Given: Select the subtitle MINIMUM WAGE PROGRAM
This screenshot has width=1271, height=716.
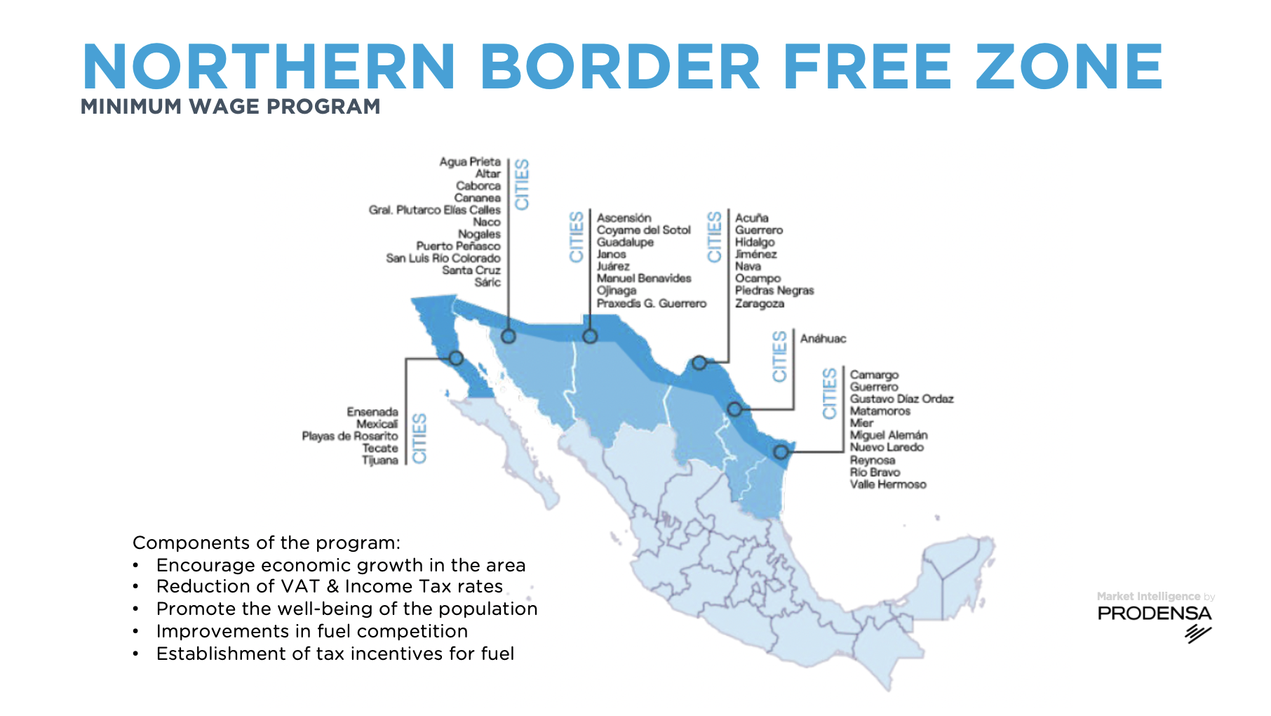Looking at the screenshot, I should tap(231, 107).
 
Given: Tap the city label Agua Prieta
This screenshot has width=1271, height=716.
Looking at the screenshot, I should tap(470, 161).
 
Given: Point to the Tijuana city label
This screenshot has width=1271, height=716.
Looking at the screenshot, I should tap(380, 460).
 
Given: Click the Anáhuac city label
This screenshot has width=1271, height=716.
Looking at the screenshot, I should tap(823, 338).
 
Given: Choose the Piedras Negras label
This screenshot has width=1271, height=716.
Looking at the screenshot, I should tap(774, 291).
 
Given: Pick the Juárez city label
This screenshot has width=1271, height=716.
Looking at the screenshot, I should tap(613, 266).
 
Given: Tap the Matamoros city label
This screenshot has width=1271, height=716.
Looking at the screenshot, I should tap(880, 411).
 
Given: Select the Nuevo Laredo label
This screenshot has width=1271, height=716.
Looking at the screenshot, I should tap(887, 447).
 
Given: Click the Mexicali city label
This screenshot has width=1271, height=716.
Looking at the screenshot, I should tap(377, 424).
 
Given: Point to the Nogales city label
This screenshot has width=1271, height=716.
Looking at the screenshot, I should tap(479, 234).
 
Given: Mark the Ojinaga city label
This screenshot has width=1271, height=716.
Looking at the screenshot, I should tap(617, 291).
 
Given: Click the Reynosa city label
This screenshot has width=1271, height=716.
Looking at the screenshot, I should tap(873, 460).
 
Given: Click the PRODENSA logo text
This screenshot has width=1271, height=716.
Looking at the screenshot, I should tap(1154, 614).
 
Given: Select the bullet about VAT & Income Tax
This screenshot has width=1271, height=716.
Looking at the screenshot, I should tap(330, 586).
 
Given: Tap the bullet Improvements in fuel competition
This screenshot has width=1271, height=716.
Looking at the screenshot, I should tap(312, 631).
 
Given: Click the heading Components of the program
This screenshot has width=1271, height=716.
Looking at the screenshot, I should tap(267, 543).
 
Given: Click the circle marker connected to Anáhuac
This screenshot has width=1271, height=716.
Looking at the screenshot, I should tap(734, 409).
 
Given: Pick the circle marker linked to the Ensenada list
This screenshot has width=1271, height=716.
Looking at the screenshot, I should tap(456, 358).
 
